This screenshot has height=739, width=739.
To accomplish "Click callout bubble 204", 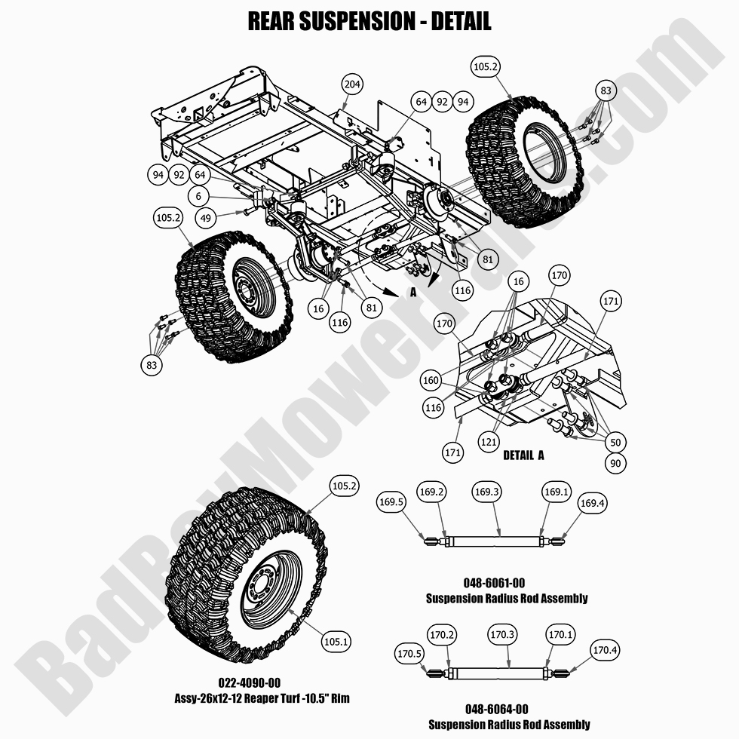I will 351,84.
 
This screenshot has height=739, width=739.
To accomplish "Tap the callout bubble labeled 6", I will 198,196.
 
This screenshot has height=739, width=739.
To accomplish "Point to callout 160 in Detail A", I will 431,380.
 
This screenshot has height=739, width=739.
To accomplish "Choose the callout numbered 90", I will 615,463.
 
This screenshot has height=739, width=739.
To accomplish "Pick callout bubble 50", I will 615,442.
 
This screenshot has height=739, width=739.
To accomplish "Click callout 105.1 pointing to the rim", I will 336,642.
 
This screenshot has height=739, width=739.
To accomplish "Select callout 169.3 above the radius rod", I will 487,492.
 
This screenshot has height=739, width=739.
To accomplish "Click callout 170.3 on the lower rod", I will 502,635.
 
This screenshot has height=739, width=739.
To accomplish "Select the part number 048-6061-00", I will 505,583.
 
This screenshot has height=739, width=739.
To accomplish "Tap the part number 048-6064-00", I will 509,710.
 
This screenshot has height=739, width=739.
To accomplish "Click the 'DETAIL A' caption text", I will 523,455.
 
